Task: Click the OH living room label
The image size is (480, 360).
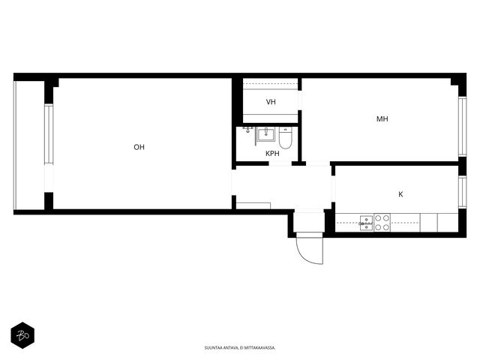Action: [x=139, y=147]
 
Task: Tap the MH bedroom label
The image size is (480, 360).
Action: [x=382, y=118]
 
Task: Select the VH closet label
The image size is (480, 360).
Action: [x=271, y=102]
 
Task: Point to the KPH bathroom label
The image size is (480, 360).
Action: [x=272, y=153]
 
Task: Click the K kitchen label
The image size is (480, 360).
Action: [x=400, y=194]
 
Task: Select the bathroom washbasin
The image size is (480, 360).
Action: [x=265, y=134]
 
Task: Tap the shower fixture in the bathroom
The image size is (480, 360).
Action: [x=247, y=130]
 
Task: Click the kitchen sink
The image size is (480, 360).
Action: [x=366, y=223]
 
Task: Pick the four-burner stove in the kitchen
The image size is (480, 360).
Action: [x=382, y=223]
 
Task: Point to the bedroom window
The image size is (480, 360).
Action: [x=462, y=127]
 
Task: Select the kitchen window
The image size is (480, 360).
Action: [x=462, y=192]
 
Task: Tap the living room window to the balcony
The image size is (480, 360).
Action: [x=49, y=134]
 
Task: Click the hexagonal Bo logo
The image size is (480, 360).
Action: [x=22, y=335]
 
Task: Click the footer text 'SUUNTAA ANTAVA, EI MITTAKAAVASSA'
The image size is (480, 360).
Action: [x=240, y=348]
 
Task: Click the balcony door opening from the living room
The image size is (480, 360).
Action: [x=49, y=178]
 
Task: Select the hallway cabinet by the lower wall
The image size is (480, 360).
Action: [x=253, y=205]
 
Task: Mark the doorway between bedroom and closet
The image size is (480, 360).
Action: [x=300, y=100]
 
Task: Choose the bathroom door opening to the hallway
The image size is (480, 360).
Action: [x=280, y=163]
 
